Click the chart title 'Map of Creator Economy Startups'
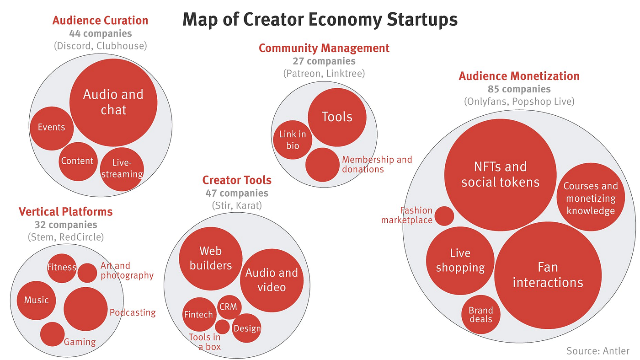[x=320, y=20]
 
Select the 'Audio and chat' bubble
[x=113, y=102]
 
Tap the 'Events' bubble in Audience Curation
[x=51, y=128]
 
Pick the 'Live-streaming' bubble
[x=122, y=169]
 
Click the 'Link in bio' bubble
[x=293, y=140]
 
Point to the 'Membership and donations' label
[x=377, y=164]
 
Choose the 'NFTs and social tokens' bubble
[x=500, y=174]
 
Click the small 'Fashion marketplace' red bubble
[x=444, y=216]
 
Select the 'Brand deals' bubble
[x=481, y=314]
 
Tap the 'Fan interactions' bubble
[x=548, y=275]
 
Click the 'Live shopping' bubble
[x=460, y=261]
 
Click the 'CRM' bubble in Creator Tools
[x=228, y=306]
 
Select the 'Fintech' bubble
[x=198, y=315]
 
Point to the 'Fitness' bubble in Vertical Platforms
[x=62, y=267]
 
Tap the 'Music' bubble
[x=36, y=300]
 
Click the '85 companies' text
[x=519, y=89]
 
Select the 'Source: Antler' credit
[x=597, y=351]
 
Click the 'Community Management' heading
[x=324, y=48]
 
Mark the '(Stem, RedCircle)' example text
[x=65, y=237]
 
